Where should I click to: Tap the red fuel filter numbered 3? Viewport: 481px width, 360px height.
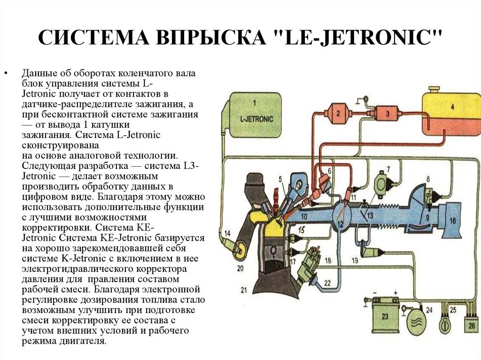tap(387, 113)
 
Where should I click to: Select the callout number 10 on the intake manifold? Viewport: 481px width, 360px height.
tap(304, 216)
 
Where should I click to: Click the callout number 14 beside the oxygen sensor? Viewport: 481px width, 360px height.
tap(227, 233)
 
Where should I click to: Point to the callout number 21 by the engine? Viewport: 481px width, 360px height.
tap(244, 290)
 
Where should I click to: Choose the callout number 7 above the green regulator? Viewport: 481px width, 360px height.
tap(388, 169)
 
